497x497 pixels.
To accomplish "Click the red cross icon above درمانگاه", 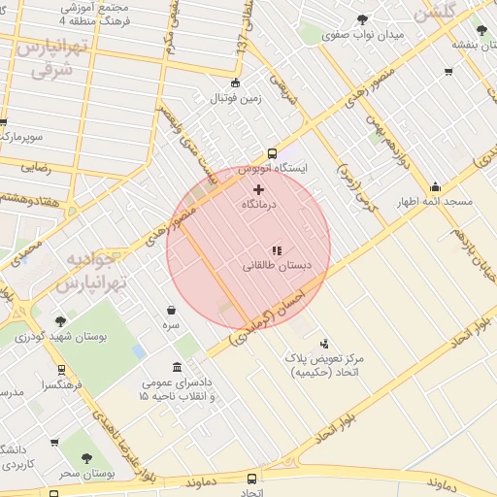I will pos(257,189).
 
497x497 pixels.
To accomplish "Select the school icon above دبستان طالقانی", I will pos(277,250).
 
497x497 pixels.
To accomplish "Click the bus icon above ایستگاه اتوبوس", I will pos(272,152).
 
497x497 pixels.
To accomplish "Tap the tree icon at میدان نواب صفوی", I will pos(362,18).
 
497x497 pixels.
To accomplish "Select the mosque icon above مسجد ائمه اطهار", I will pos(435,187).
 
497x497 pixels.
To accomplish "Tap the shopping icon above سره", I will pos(171,311).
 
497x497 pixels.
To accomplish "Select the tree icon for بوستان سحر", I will pos(88,457).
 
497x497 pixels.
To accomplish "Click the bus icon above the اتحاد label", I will pos(252,479).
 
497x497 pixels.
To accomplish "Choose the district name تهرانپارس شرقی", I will pos(53,58).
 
